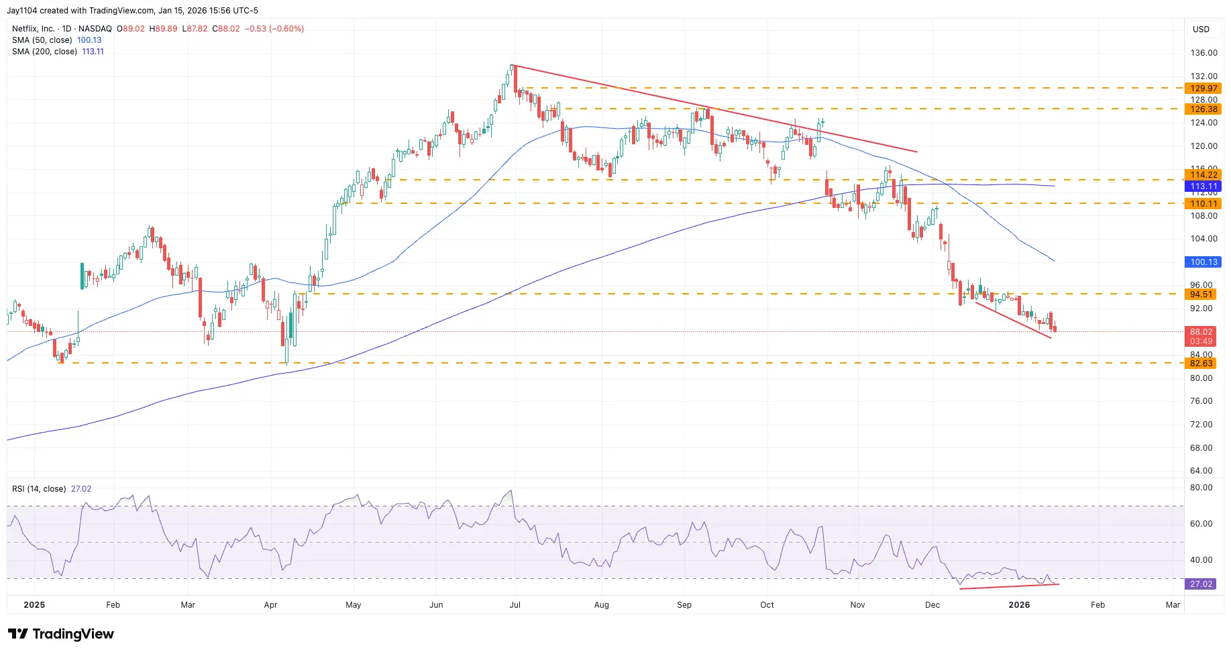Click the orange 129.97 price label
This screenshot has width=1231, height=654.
coord(1203,89)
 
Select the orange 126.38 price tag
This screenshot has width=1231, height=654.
coord(1203,109)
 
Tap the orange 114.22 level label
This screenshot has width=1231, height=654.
coord(1203,175)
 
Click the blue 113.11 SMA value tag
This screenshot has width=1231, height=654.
coord(1203,186)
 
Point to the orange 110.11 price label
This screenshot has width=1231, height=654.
coord(1203,204)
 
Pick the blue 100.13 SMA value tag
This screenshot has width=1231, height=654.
coord(1203,262)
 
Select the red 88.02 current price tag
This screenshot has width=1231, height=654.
coord(1201,332)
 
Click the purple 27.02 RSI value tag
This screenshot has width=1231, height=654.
coord(1201,584)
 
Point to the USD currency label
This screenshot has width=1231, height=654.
coord(1201,30)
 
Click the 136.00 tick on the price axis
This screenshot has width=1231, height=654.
coord(1203,53)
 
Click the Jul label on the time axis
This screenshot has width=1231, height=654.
coord(515,605)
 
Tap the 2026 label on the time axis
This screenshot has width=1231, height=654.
coord(1019,605)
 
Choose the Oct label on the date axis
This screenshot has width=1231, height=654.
coord(767,605)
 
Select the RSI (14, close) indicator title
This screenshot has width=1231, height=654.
coord(39,489)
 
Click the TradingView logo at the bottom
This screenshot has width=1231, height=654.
coord(61,634)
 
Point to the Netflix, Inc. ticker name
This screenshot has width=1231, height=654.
coord(34,29)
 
